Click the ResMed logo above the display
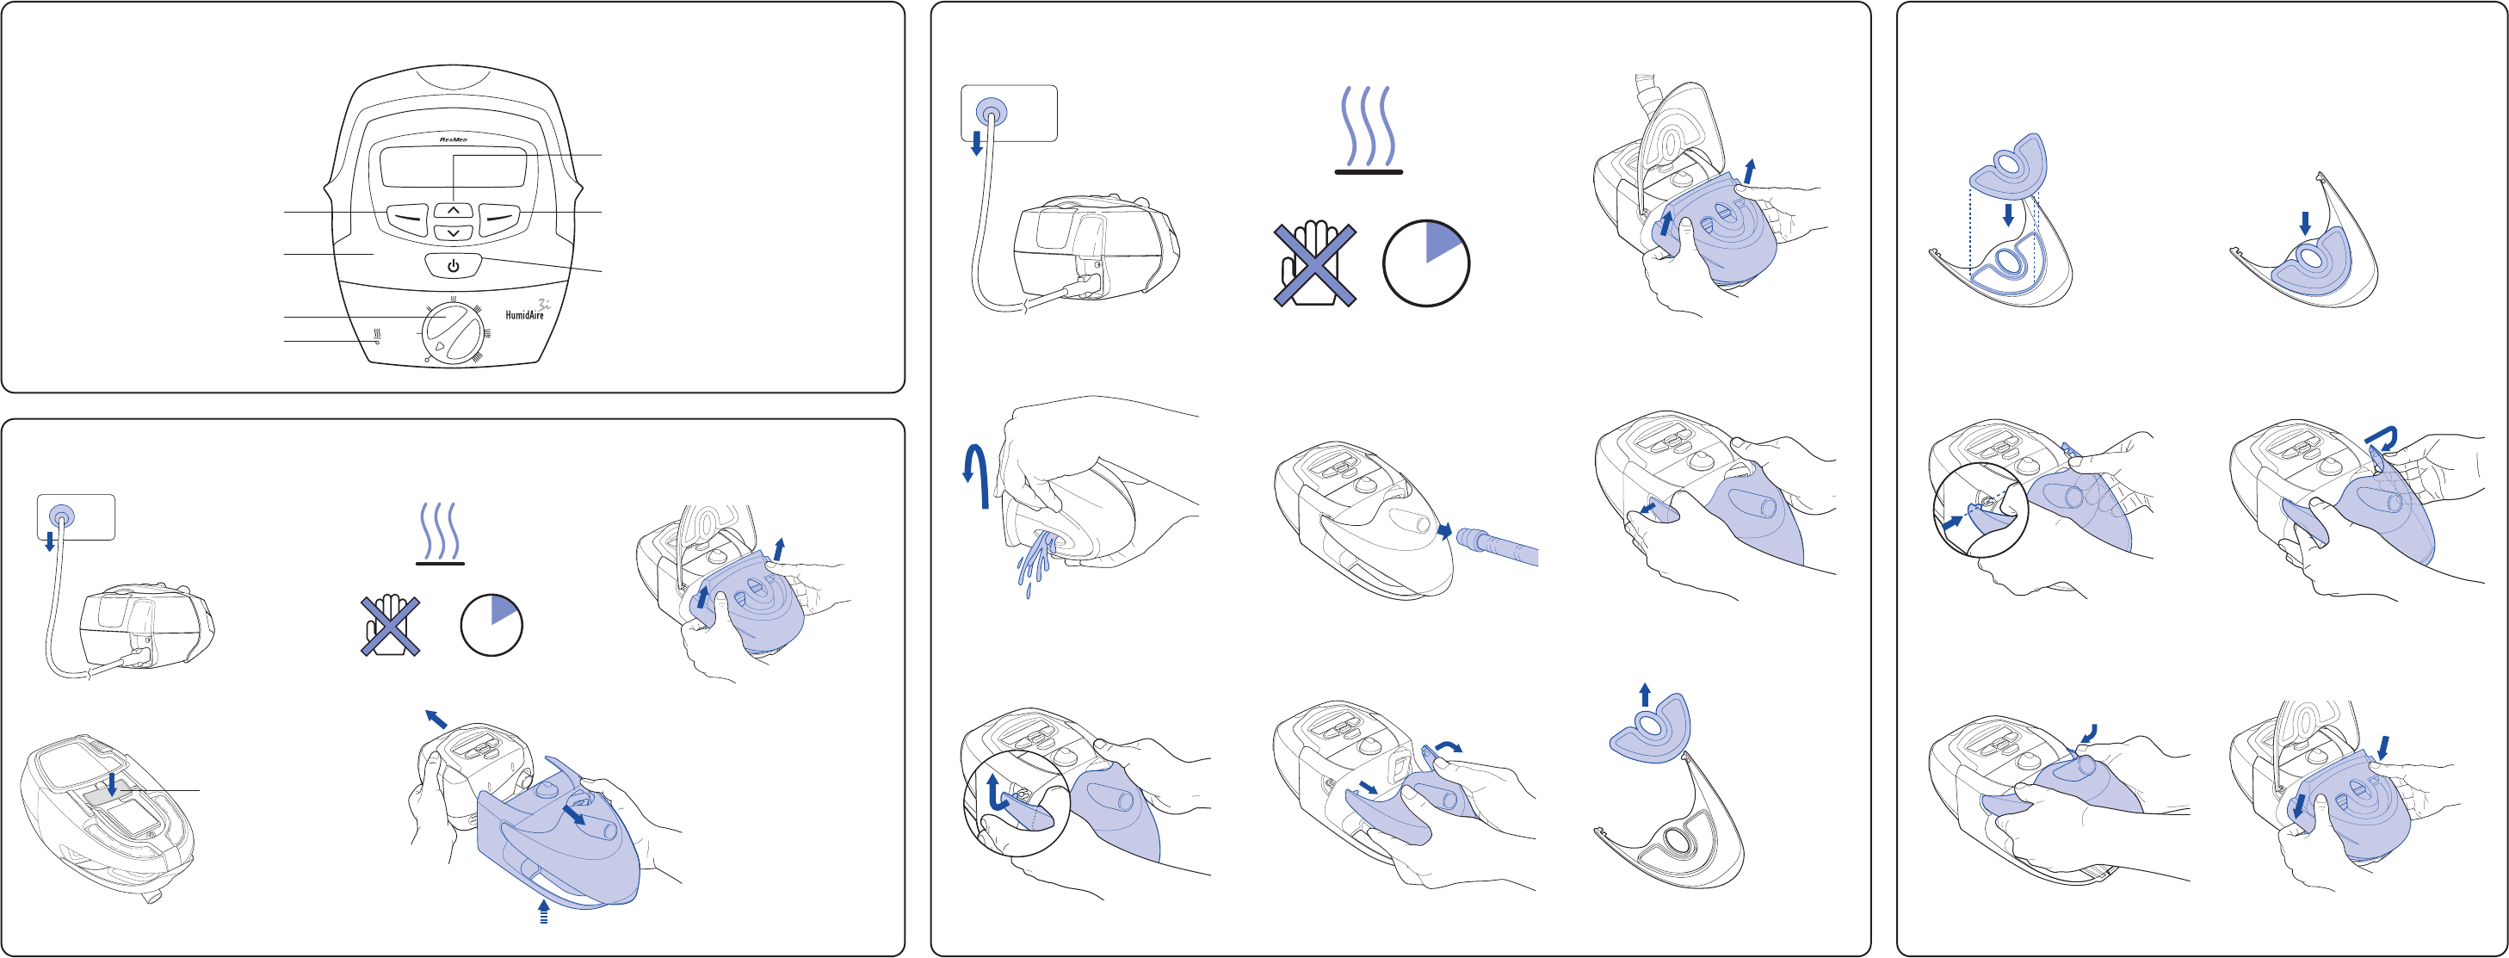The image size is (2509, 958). click(x=453, y=140)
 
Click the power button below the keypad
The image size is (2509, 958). click(x=453, y=266)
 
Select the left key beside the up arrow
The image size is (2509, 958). click(x=406, y=217)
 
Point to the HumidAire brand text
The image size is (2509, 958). click(x=525, y=314)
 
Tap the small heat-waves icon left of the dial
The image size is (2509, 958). click(x=377, y=335)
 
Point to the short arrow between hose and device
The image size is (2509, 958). click(x=1444, y=530)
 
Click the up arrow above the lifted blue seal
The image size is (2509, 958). click(x=1645, y=694)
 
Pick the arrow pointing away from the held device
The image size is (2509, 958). click(x=436, y=719)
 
